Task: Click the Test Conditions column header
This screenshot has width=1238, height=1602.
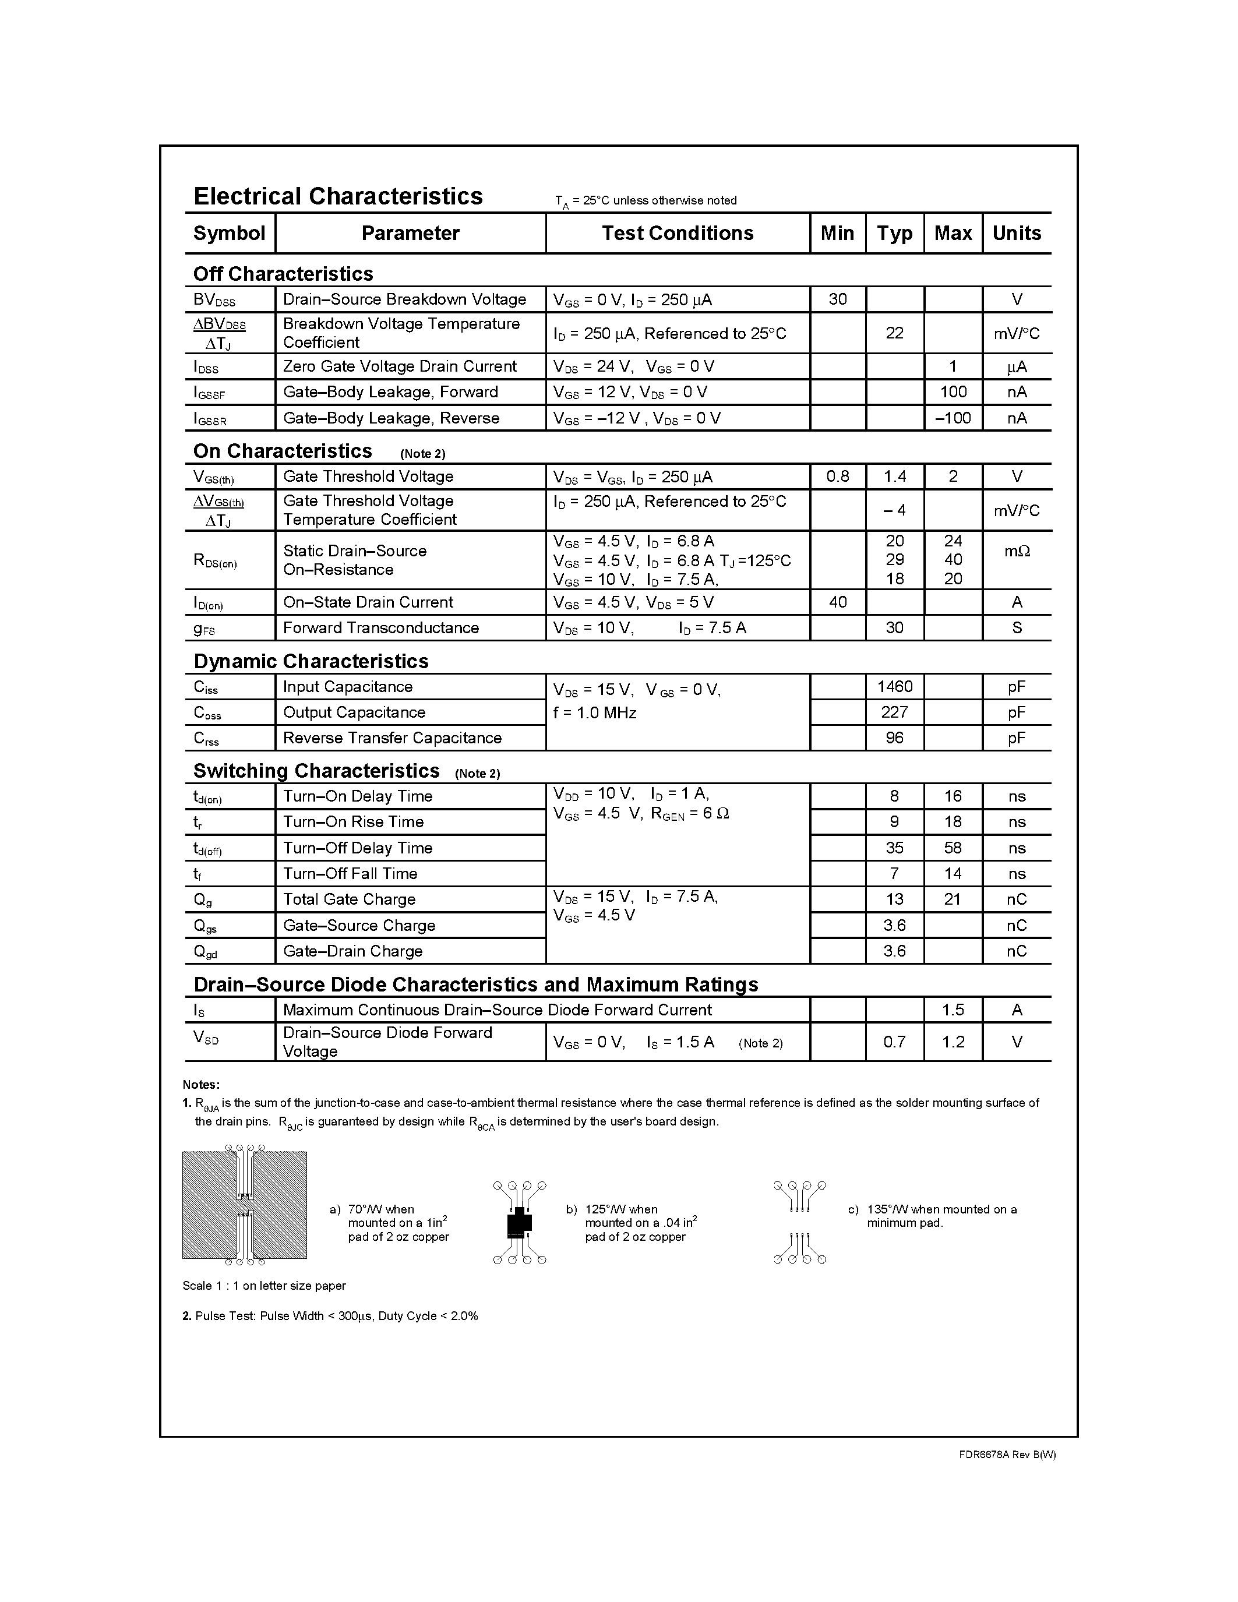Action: [677, 233]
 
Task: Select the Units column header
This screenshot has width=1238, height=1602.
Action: [1017, 233]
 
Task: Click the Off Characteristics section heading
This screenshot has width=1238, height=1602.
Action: [283, 274]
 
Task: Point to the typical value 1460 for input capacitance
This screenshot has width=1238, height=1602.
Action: [894, 687]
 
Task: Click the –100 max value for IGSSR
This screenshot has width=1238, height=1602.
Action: [953, 418]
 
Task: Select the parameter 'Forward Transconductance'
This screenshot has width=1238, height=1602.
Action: [380, 628]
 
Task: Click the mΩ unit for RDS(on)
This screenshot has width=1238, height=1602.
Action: [1017, 551]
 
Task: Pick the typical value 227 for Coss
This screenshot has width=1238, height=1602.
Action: [894, 712]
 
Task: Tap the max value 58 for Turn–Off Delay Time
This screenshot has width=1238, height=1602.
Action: [953, 848]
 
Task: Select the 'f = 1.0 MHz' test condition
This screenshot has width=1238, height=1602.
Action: [594, 713]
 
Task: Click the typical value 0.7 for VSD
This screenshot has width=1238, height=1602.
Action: [894, 1042]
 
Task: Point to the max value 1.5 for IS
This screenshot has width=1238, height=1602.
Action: [953, 1010]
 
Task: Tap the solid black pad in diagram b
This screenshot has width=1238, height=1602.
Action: [519, 1222]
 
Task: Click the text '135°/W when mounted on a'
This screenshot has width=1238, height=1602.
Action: [941, 1209]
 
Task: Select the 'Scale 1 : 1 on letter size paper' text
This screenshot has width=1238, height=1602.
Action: [264, 1286]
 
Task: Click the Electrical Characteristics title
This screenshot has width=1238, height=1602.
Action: [338, 196]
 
